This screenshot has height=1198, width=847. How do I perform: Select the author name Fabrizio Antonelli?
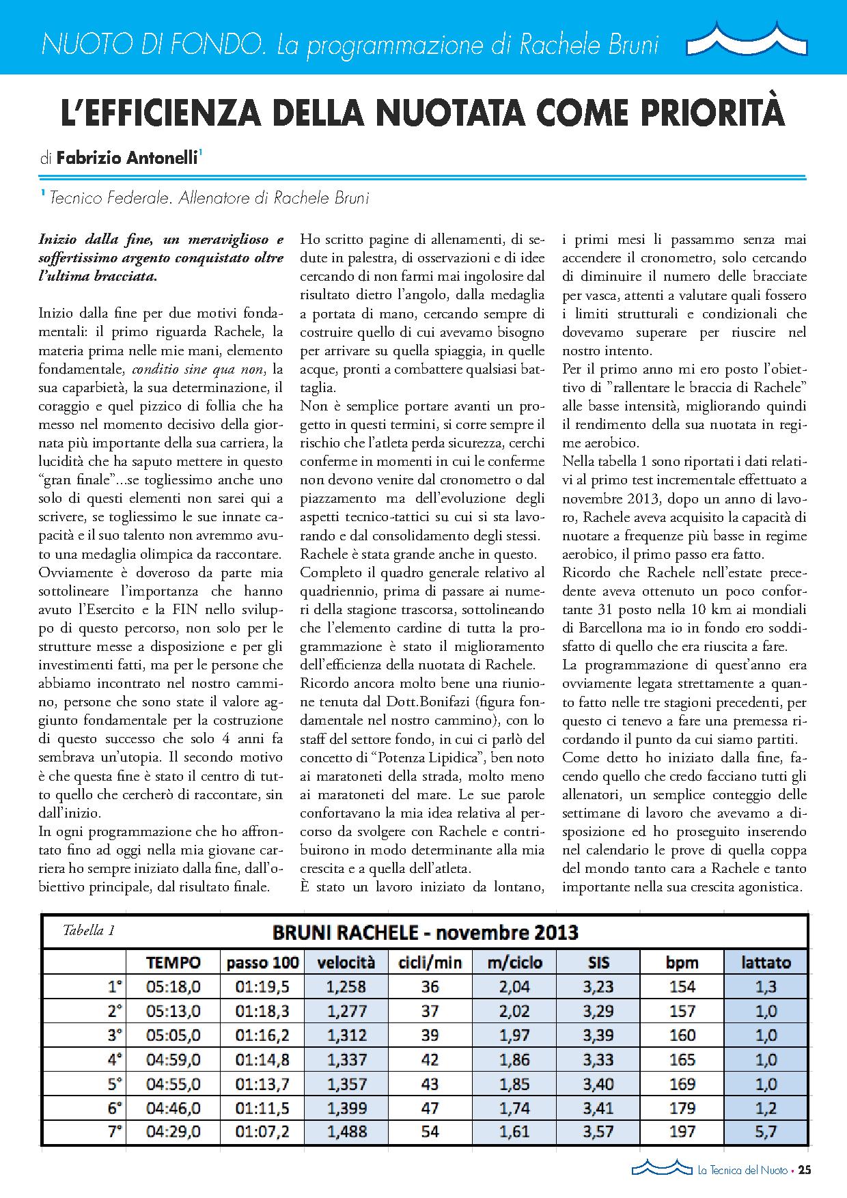tap(126, 159)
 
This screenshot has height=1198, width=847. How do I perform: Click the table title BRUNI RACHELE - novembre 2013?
tap(426, 932)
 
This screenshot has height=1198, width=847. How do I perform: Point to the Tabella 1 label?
tap(88, 930)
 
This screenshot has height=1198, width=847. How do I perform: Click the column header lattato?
tap(766, 962)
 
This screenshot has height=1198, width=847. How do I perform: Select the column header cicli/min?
tap(430, 962)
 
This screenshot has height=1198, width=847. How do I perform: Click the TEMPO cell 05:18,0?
tap(173, 987)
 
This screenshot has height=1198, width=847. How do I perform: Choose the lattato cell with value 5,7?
tap(766, 1131)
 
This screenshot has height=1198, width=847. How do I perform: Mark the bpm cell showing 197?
tap(682, 1131)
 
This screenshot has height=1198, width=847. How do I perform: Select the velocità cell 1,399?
tap(346, 1107)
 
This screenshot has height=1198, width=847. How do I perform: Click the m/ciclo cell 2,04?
tap(514, 987)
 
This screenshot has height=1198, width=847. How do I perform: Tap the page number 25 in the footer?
tap(805, 1170)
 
